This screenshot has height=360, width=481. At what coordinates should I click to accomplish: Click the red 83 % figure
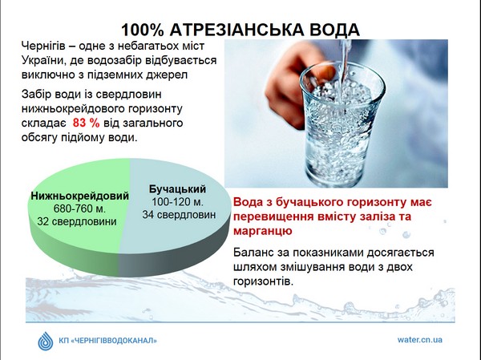pos(87,123)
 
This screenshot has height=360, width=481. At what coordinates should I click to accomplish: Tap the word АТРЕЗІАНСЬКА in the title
pos(236,30)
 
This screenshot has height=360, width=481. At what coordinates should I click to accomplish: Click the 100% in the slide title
pos(143,30)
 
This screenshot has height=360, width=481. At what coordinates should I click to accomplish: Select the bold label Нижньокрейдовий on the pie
pos(79,196)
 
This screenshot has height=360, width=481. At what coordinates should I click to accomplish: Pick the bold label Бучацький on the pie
pos(177,189)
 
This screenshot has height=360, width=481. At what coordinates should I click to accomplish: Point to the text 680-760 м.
pos(79,208)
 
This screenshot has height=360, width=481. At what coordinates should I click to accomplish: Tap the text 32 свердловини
pos(77,221)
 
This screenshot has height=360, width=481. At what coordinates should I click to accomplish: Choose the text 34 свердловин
pos(179,215)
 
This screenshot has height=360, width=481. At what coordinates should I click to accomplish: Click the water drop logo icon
pos(46,341)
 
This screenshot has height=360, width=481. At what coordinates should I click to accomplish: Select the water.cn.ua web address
pos(420,340)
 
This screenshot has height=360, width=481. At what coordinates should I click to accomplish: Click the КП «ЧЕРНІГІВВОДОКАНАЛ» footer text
pos(107,341)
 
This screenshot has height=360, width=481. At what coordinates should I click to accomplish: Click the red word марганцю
pos(263,231)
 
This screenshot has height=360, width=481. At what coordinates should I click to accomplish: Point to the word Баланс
pos(253,253)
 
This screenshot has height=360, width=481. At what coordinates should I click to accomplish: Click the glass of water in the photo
pos(342,123)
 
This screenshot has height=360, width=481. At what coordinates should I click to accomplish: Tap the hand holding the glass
pos(294,81)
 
